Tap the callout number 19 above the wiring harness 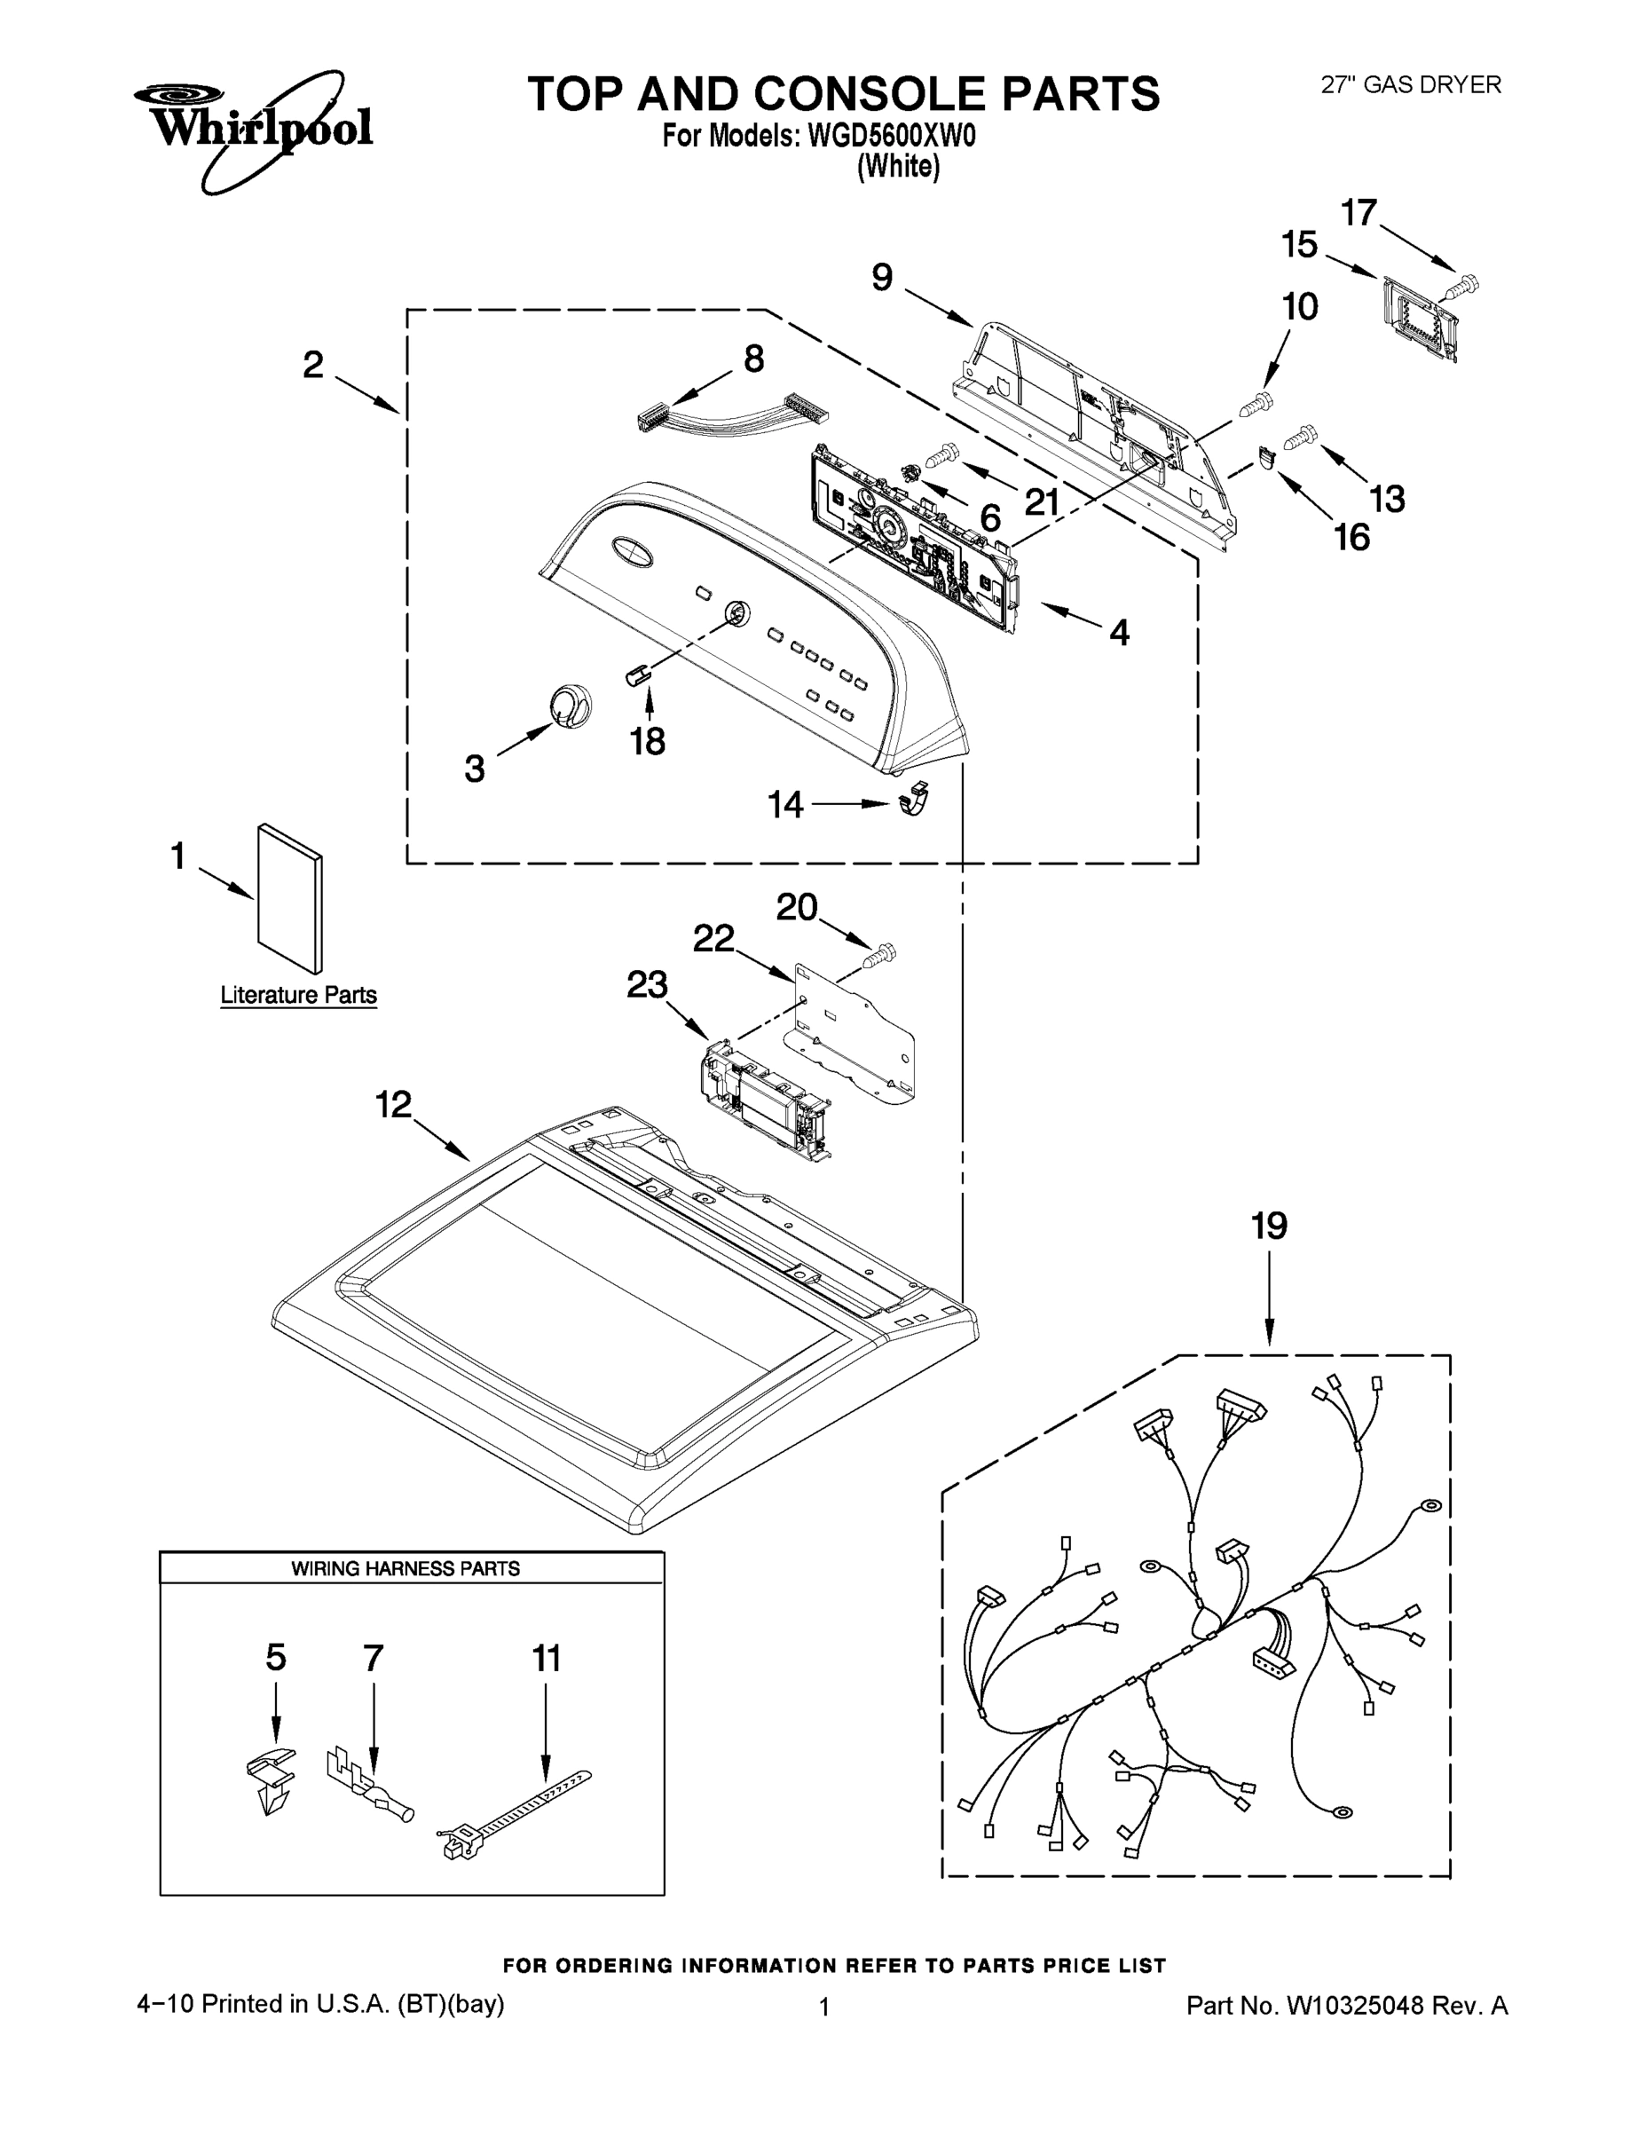point(1269,1226)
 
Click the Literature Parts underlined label point(298,995)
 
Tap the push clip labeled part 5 point(267,1779)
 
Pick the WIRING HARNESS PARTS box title point(406,1568)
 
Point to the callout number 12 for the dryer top point(394,1105)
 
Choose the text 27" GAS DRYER point(1410,85)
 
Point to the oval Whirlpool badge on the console point(632,550)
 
